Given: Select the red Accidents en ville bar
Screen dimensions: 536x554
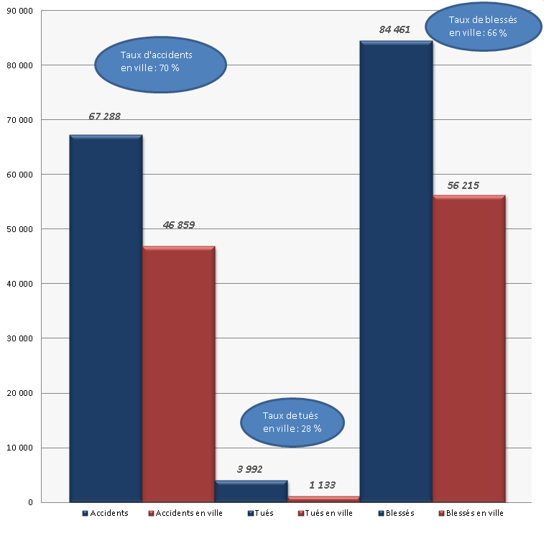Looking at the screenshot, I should point(178,374).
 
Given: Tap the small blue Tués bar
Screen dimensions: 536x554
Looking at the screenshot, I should point(251,491).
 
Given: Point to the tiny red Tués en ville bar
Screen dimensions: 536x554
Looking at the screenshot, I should point(323,499).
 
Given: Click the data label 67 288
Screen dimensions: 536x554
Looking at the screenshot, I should point(105,116).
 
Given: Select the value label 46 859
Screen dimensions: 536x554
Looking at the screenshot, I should point(179,225).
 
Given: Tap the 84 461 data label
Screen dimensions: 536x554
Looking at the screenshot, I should point(394,29).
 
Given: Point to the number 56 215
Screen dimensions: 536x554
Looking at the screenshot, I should point(463,185).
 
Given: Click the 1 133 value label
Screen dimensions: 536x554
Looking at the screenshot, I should point(322,485).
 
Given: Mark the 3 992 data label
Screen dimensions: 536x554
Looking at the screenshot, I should point(249,469).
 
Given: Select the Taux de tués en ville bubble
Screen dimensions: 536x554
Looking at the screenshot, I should point(291,422).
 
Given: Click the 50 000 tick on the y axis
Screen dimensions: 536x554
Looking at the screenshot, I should point(19,229).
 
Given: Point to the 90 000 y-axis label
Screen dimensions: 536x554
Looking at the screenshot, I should point(19,11).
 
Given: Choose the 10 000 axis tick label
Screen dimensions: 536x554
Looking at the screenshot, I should point(19,448).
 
